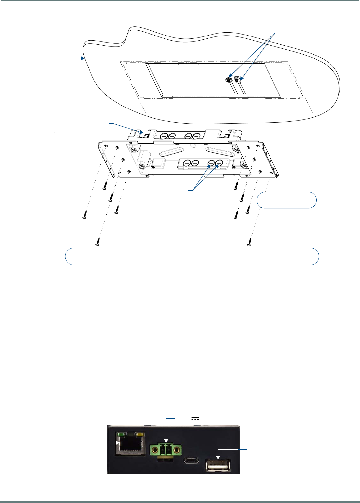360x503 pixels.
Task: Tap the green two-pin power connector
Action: pos(166,450)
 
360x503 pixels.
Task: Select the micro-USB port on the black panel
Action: pos(192,461)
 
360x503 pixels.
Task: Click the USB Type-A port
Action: pos(218,465)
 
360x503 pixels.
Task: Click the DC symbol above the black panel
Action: pos(194,419)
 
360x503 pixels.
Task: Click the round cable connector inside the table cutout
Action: pos(228,80)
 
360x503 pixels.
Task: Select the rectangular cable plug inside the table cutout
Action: pos(237,80)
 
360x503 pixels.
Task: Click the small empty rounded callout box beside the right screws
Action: pos(286,200)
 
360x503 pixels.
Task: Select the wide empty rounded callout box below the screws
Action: pos(192,256)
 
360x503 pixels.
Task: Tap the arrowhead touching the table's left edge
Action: pos(83,58)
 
